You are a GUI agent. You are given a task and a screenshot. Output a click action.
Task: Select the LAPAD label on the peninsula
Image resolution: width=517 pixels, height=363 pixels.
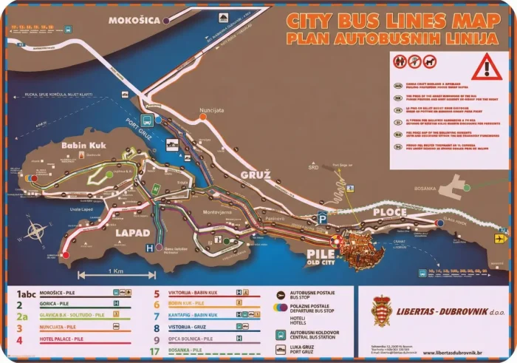pyautogui.click(x=133, y=233)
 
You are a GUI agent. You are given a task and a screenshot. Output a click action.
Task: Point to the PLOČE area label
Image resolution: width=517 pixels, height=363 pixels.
pyautogui.click(x=388, y=212)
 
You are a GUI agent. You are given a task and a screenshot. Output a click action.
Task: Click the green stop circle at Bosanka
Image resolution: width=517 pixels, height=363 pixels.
pyautogui.click(x=467, y=188)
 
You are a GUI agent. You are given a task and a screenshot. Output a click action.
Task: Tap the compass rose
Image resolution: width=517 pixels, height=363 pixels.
pyautogui.click(x=36, y=231)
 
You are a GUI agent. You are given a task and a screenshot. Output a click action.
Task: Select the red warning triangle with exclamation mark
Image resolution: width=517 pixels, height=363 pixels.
pyautogui.click(x=486, y=67)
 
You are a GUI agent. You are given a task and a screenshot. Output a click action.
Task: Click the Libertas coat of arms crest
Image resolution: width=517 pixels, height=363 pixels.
pyautogui.click(x=381, y=311)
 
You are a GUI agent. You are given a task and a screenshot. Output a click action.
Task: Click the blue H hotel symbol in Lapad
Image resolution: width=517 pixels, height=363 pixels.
pyautogui.click(x=149, y=248)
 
